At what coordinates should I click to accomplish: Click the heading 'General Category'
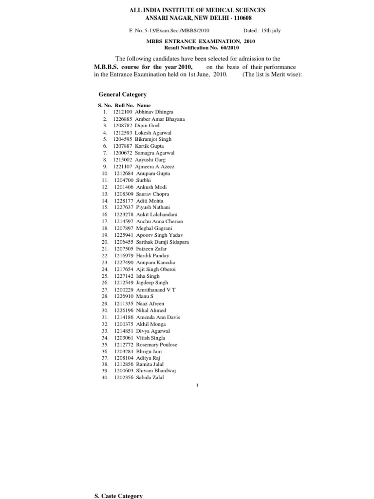(x=122, y=95)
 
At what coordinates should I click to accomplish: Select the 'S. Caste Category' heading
(x=118, y=496)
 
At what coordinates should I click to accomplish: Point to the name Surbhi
(x=143, y=180)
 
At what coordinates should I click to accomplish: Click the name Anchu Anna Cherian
(x=160, y=221)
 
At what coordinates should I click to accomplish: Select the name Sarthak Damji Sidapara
(x=163, y=242)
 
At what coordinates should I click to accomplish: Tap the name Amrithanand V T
(x=156, y=290)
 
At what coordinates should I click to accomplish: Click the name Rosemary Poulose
(x=157, y=345)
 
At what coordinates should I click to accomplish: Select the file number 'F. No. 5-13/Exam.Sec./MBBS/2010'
(x=168, y=31)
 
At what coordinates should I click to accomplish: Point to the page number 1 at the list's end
(x=196, y=385)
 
